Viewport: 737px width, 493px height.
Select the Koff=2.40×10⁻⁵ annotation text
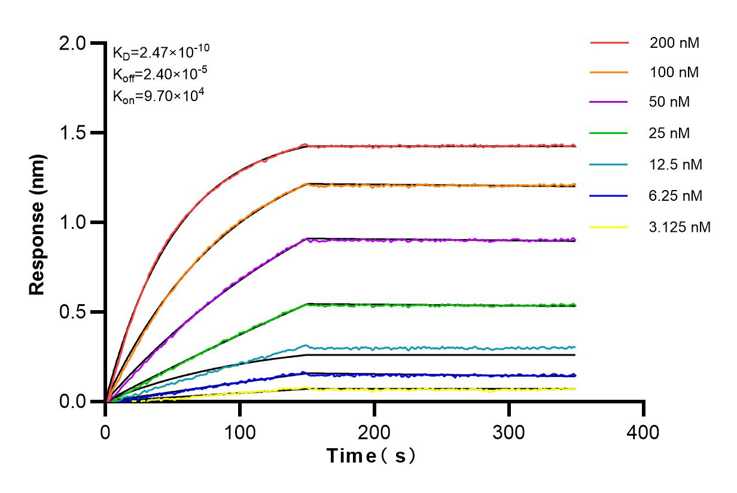pyautogui.click(x=160, y=74)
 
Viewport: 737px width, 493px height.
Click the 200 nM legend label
pyautogui.click(x=675, y=43)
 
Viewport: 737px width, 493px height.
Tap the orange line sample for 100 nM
pyautogui.click(x=609, y=73)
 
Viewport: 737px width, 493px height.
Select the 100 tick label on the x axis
pyautogui.click(x=240, y=431)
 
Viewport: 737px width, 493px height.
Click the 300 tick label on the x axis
pyautogui.click(x=509, y=431)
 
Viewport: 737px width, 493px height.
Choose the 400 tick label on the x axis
pyautogui.click(x=644, y=431)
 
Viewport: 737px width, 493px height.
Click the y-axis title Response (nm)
pyautogui.click(x=38, y=222)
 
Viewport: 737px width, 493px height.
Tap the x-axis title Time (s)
pyautogui.click(x=371, y=457)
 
